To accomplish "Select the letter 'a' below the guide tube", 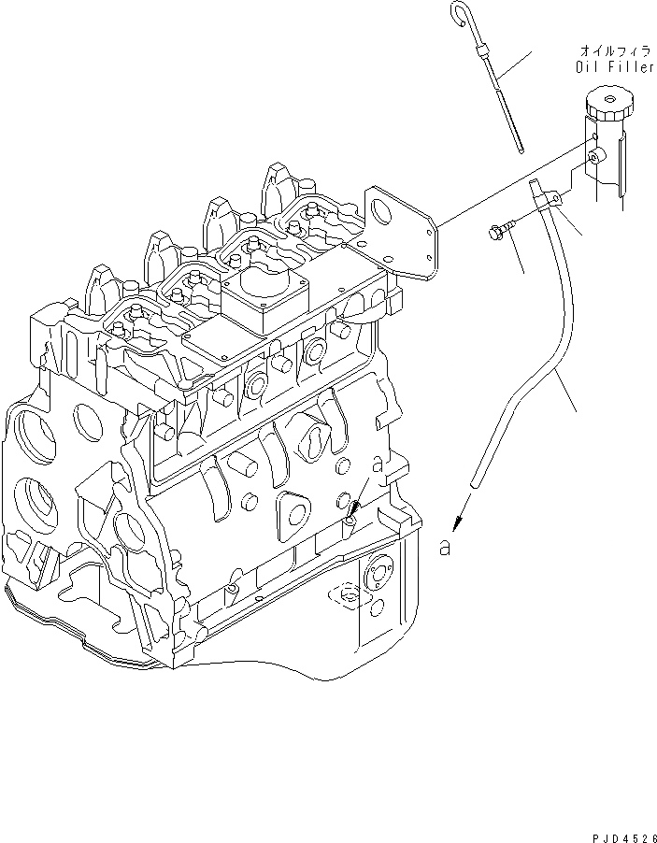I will pos(446,549).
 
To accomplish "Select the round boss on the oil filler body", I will pos(594,160).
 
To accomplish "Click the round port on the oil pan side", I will pos(378,573).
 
